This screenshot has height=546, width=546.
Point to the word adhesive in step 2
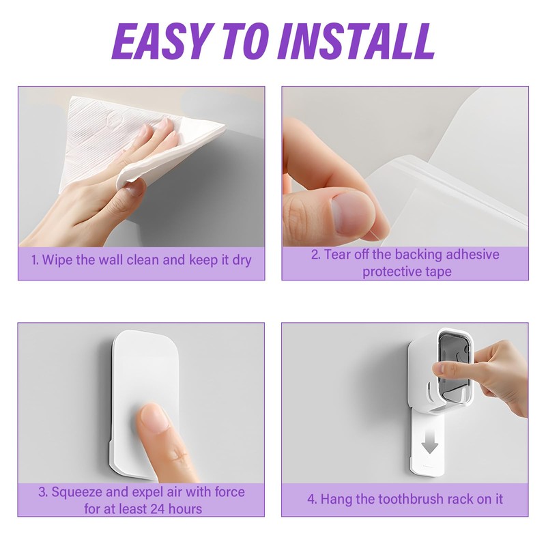point(472,255)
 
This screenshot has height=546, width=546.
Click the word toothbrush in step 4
point(411,499)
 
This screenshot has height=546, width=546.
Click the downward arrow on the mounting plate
point(430,446)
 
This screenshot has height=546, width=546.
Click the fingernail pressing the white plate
point(154,417)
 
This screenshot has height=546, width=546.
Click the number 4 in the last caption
point(311,499)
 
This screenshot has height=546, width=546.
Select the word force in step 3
point(229,492)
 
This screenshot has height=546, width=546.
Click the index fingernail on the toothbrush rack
point(437,367)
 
